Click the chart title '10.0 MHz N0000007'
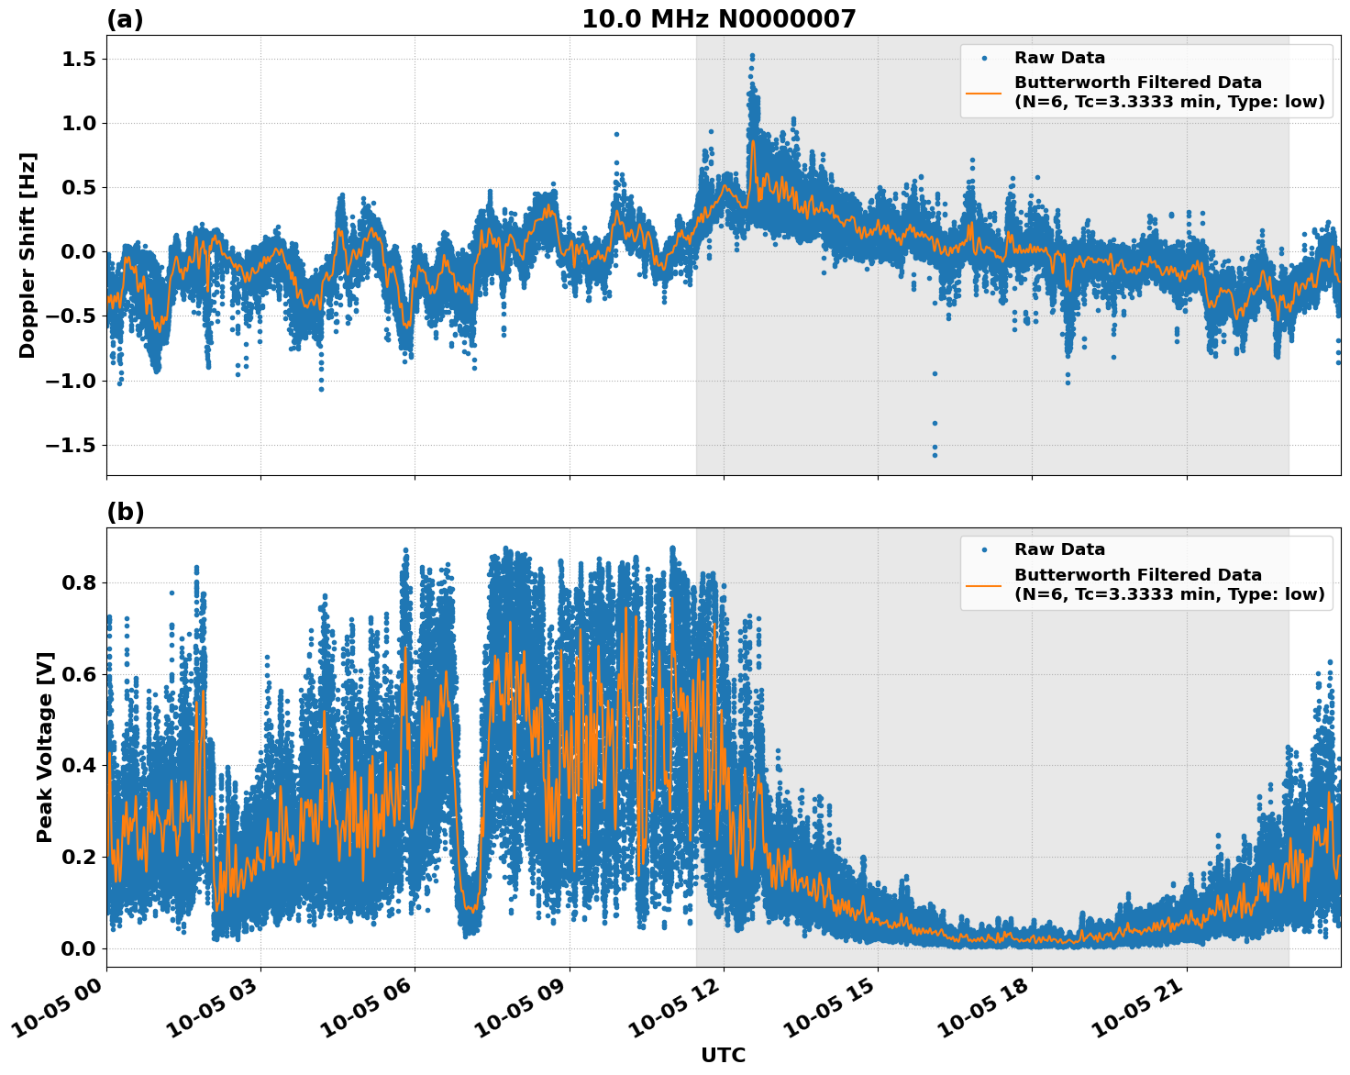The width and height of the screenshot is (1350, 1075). point(719,19)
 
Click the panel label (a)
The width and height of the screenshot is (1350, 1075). point(125,19)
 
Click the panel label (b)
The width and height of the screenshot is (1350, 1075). point(125,512)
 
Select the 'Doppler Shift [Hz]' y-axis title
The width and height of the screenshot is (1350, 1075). point(28,255)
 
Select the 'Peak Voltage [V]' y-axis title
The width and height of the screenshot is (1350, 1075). point(45,747)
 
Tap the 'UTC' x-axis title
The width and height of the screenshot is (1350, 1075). point(723,1055)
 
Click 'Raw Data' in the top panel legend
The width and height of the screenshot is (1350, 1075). point(1059,58)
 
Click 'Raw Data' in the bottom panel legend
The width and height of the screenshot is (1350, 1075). point(1059,549)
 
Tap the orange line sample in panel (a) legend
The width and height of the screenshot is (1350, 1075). point(983,93)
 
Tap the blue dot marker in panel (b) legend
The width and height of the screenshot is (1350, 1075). point(983,549)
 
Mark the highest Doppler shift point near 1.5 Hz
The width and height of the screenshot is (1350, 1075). point(752,56)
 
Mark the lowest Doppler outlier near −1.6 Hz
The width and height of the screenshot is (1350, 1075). point(935,455)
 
